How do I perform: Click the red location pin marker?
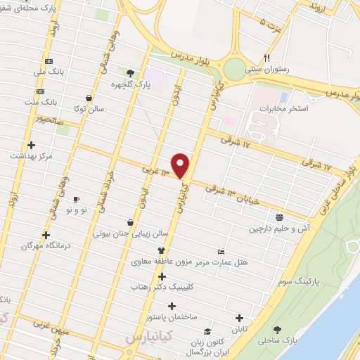(x=181, y=165)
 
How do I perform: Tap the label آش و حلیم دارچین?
(x=279, y=229)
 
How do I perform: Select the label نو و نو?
(x=75, y=210)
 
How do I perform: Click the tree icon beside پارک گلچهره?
(x=130, y=72)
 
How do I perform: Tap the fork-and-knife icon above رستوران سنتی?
(x=266, y=58)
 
